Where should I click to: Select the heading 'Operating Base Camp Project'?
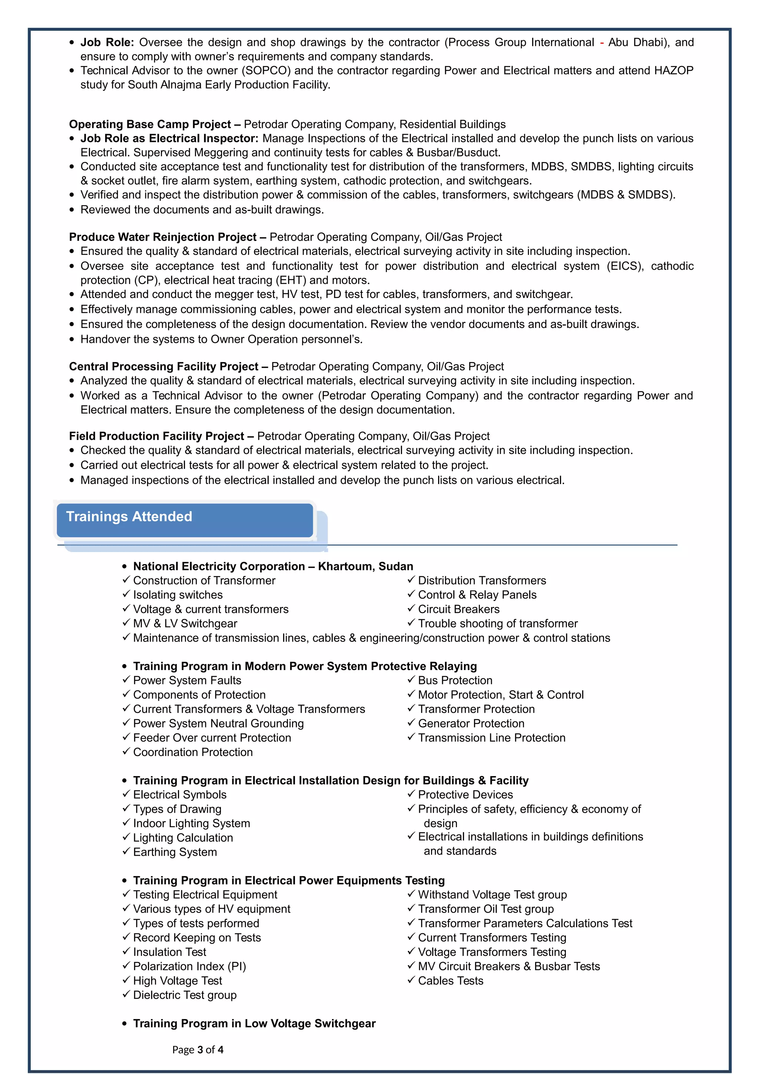point(150,125)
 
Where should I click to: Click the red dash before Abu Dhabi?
point(602,43)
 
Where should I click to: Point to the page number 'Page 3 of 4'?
point(198,1050)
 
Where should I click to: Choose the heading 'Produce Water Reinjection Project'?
point(163,237)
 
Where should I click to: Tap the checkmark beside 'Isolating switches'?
point(126,594)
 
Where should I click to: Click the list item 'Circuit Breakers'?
point(458,609)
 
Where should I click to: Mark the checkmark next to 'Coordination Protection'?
point(126,751)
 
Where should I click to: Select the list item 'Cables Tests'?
point(450,981)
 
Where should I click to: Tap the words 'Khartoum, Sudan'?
point(365,567)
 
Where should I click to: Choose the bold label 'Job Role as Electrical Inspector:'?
point(169,139)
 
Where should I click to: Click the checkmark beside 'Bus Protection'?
point(411,680)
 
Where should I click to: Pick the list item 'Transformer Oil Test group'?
point(485,908)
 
